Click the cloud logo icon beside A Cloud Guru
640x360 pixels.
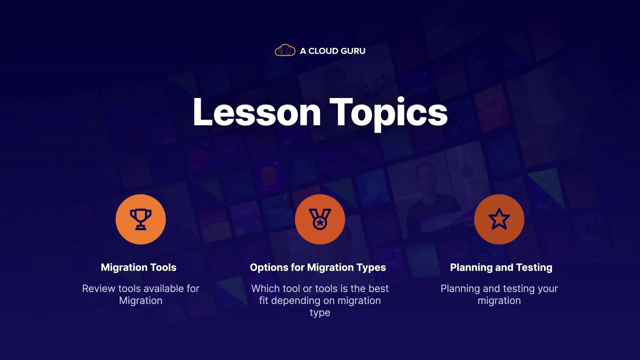pos(285,50)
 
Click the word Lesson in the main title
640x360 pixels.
pos(257,112)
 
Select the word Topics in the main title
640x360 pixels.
pos(389,113)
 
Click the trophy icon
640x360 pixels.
pos(141,219)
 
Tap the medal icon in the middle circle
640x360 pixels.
pos(320,219)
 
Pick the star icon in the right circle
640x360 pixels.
pos(499,219)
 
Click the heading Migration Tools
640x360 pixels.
pos(139,267)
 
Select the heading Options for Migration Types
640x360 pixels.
pos(318,267)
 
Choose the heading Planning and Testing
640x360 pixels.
pos(501,267)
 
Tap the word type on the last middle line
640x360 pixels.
pos(320,313)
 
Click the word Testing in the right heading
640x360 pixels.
pos(534,268)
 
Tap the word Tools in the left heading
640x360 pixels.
pos(163,267)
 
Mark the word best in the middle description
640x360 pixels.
pos(379,288)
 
